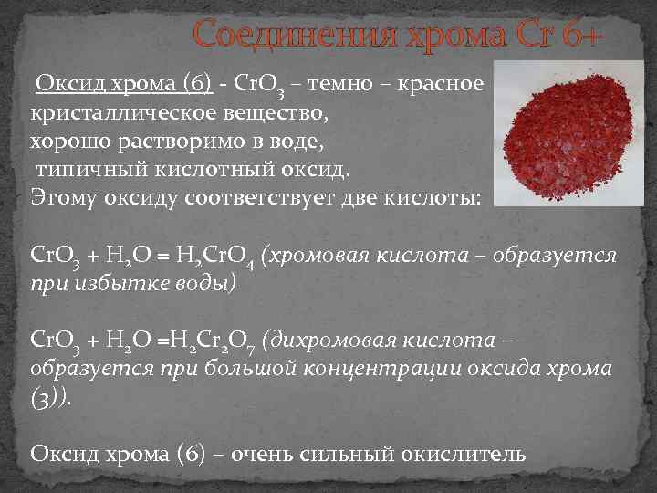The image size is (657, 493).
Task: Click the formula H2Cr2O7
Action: tap(215, 344)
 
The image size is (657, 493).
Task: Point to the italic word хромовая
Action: tap(316, 256)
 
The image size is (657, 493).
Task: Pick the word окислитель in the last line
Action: tap(462, 453)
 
